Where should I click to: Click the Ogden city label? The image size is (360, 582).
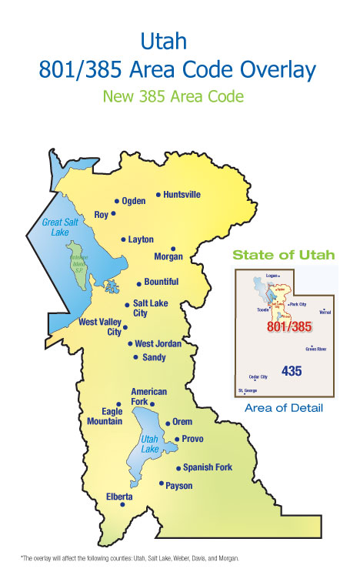(x=134, y=201)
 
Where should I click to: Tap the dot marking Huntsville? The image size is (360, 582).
(x=158, y=195)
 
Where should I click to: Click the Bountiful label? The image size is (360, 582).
(x=162, y=282)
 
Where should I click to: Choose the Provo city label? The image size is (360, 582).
(x=193, y=439)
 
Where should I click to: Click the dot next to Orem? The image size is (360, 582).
(x=168, y=423)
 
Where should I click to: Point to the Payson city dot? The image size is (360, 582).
(x=162, y=483)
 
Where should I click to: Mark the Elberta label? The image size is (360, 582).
(x=119, y=497)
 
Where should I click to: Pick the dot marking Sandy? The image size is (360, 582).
(x=136, y=357)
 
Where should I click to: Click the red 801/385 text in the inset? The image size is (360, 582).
(x=289, y=327)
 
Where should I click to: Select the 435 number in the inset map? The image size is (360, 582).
(x=292, y=371)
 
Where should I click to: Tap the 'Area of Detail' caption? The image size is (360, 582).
(x=284, y=407)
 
